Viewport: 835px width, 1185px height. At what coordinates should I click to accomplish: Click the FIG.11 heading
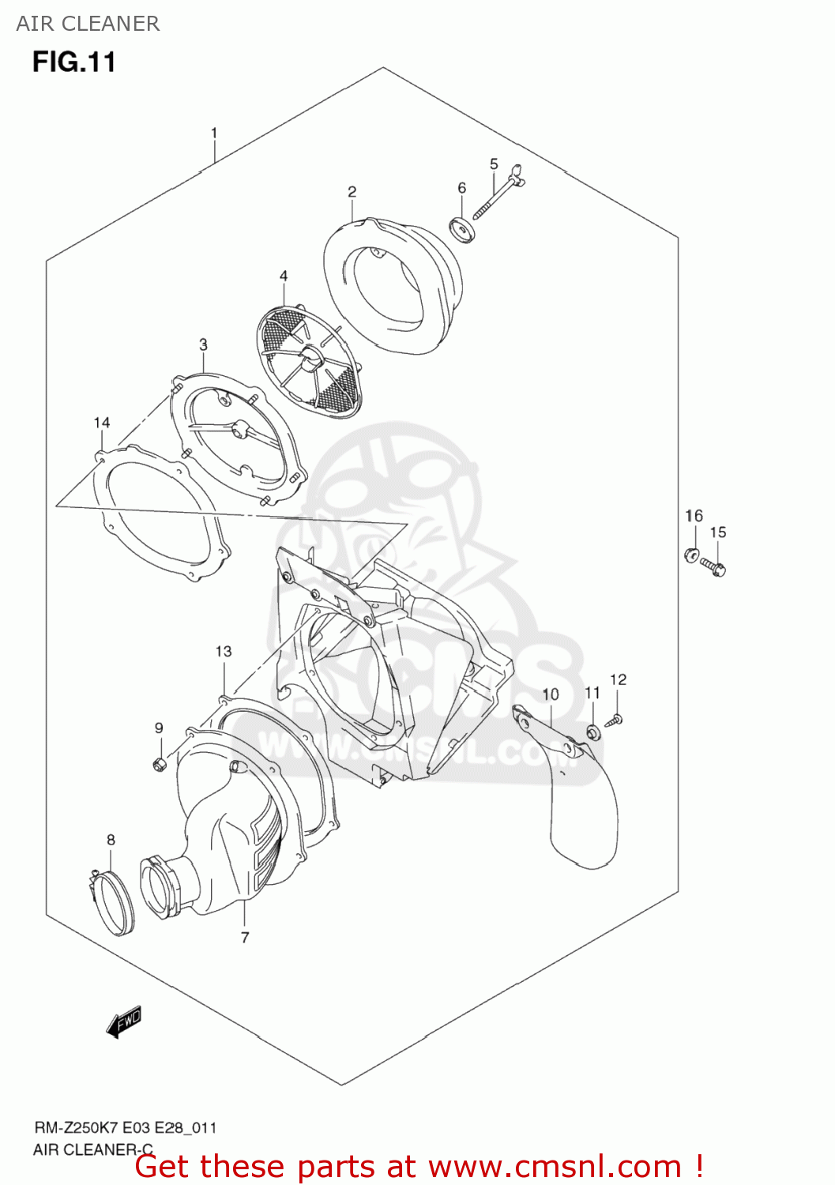[74, 62]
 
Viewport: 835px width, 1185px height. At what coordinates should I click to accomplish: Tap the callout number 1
[214, 133]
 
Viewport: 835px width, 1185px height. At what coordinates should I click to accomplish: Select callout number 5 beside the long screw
[494, 164]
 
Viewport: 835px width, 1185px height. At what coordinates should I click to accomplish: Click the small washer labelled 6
[462, 229]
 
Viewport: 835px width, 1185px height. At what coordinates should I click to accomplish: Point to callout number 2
[352, 191]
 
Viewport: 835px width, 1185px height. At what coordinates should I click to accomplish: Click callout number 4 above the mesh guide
[284, 276]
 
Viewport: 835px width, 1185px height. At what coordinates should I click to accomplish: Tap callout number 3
[203, 345]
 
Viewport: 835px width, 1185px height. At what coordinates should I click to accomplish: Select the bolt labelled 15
[713, 568]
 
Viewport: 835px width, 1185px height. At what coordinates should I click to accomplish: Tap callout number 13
[224, 651]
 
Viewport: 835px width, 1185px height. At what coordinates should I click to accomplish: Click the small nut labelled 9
[159, 763]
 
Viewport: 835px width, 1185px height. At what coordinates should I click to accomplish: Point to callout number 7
[244, 938]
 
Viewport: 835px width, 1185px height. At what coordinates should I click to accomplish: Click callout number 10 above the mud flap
[551, 694]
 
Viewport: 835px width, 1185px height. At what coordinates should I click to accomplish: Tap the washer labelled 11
[593, 733]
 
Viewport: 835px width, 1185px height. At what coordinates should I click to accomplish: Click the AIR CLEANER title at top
[88, 24]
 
